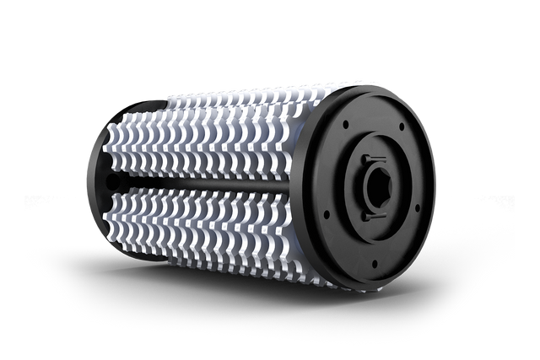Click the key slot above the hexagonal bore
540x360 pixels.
[x=372, y=159]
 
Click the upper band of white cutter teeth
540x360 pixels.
[x=211, y=135]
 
